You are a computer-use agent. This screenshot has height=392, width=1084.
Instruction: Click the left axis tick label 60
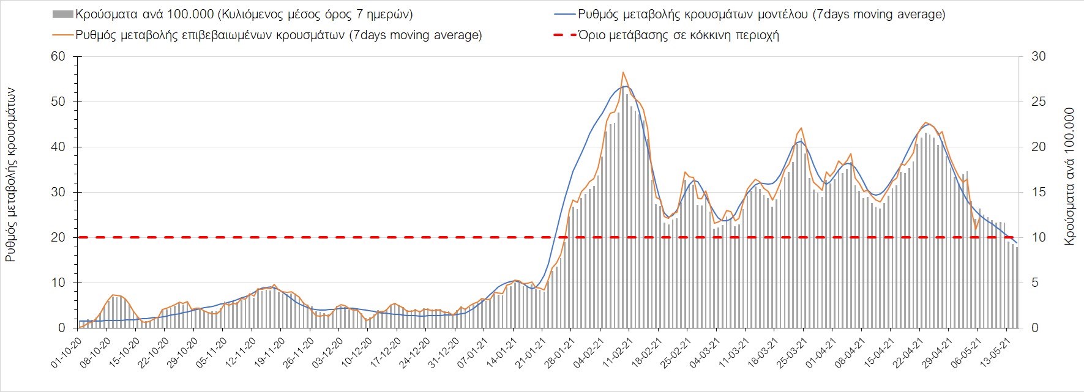point(58,57)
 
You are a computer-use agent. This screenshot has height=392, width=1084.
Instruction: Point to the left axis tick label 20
point(58,237)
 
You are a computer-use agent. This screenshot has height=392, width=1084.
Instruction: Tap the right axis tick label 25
point(1039,102)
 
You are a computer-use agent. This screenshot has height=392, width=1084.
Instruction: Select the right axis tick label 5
point(1036,283)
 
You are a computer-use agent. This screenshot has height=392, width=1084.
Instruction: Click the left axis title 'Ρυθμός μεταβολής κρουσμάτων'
point(10,174)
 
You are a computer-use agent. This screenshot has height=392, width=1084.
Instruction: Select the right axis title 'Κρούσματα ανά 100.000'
point(1069,177)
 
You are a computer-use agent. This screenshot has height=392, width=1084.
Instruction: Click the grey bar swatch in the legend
point(62,14)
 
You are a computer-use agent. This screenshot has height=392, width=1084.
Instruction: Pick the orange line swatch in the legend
point(62,35)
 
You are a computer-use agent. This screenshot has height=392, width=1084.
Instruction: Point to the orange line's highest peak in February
point(623,72)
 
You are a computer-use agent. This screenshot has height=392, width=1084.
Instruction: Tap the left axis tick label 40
point(58,147)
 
